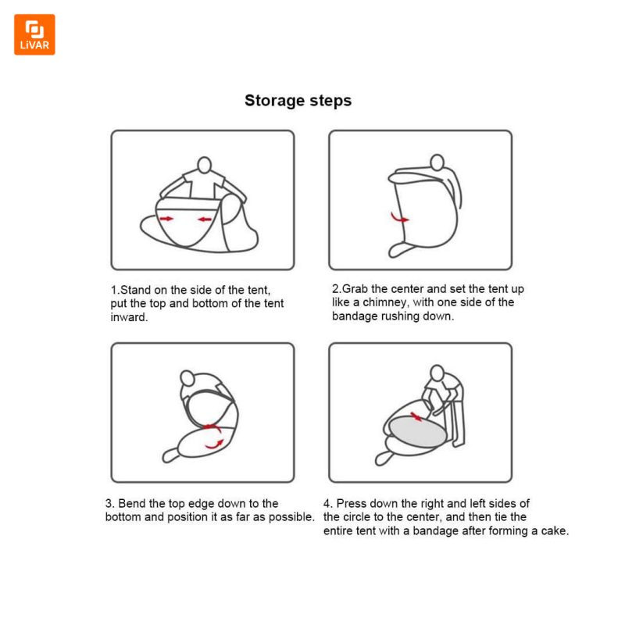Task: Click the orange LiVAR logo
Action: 34,34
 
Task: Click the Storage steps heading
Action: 298,101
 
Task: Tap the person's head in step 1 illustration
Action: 205,165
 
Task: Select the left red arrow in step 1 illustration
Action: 166,219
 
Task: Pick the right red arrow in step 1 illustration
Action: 205,220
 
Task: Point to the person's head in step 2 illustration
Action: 437,162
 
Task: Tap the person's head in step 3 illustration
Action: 187,378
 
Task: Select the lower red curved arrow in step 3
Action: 214,445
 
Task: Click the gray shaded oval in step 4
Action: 418,431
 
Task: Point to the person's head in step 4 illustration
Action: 437,373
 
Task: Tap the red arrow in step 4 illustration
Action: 416,417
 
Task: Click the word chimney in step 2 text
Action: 385,302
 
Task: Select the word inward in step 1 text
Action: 129,317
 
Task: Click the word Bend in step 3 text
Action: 132,503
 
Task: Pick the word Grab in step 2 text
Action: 355,288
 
